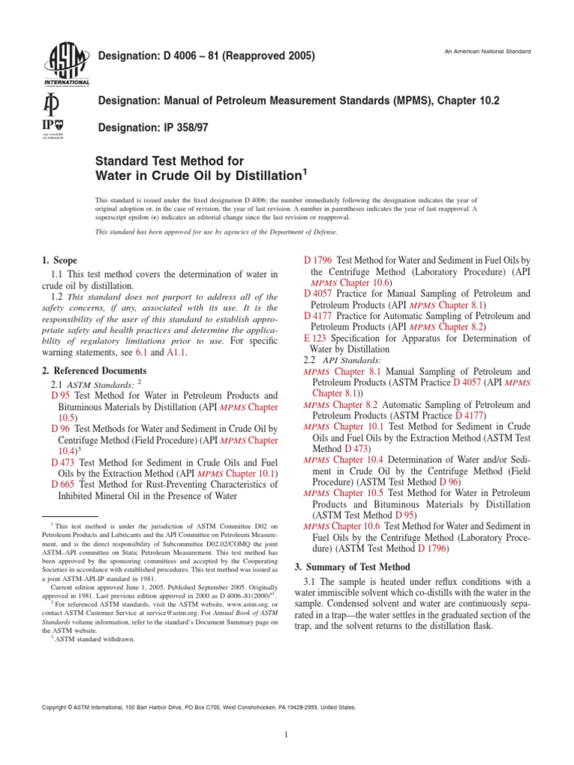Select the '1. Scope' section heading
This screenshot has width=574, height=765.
(x=60, y=261)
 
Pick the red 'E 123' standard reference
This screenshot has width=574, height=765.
(x=315, y=338)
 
